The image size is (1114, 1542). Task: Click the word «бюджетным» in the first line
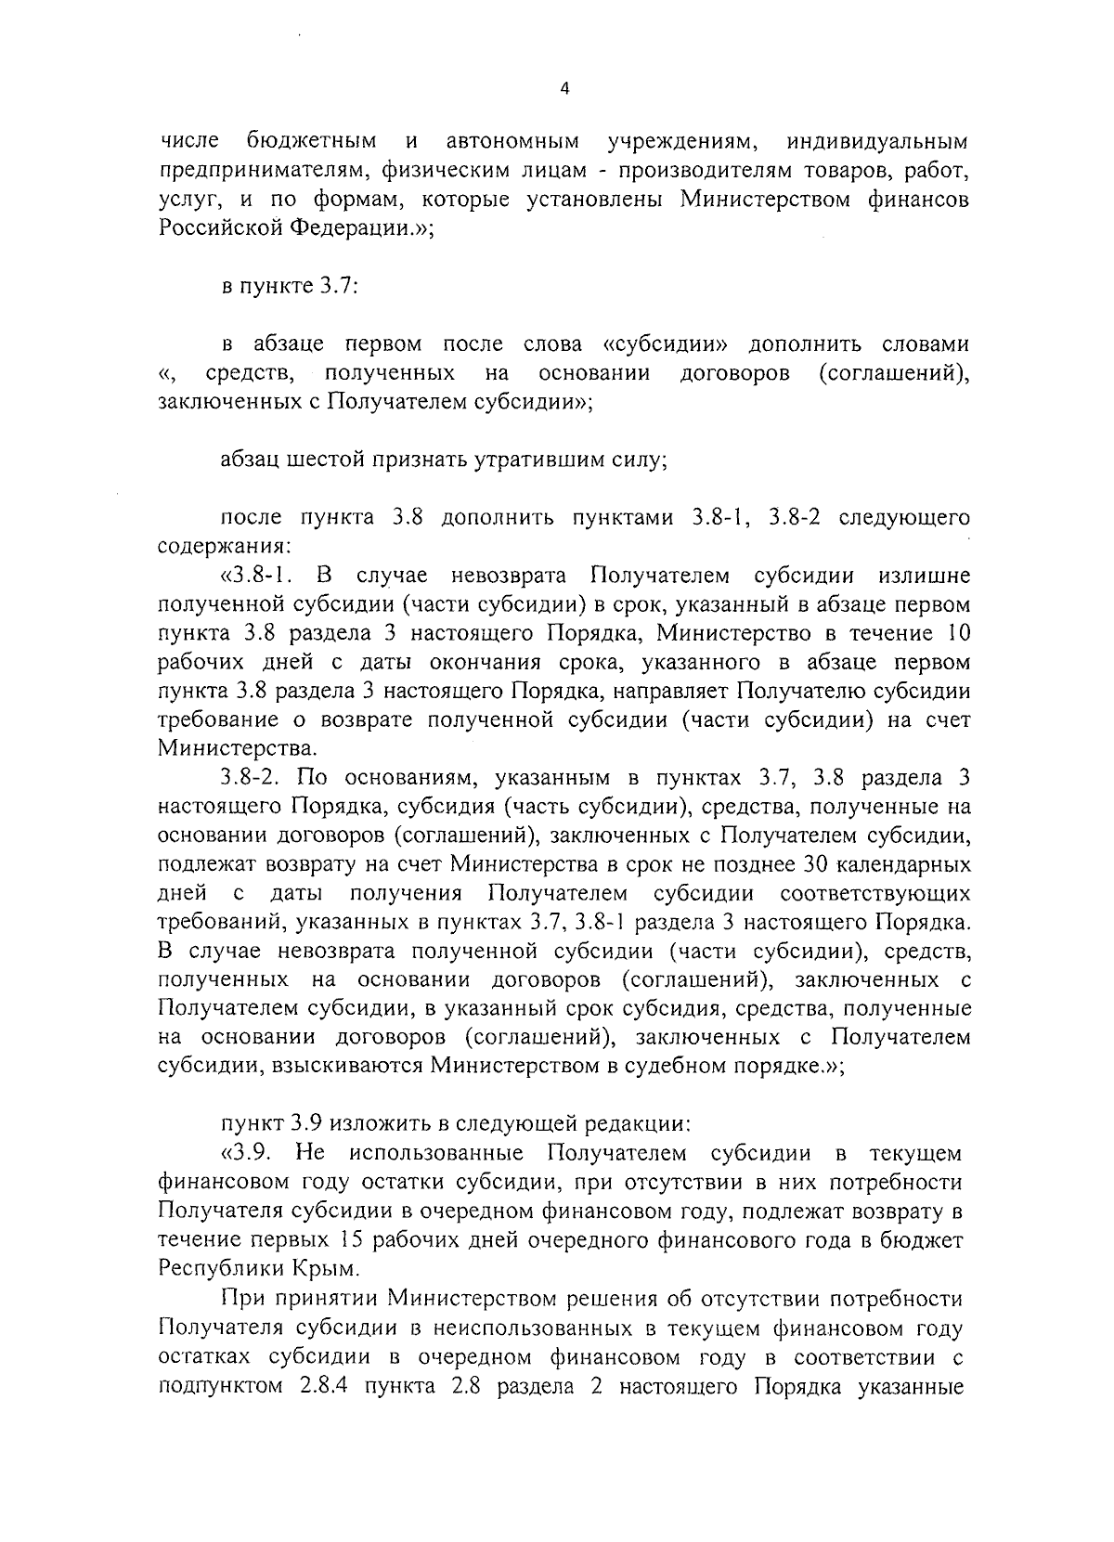312,142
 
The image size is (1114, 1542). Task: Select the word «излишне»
922,577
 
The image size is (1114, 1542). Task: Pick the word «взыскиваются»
348,1067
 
